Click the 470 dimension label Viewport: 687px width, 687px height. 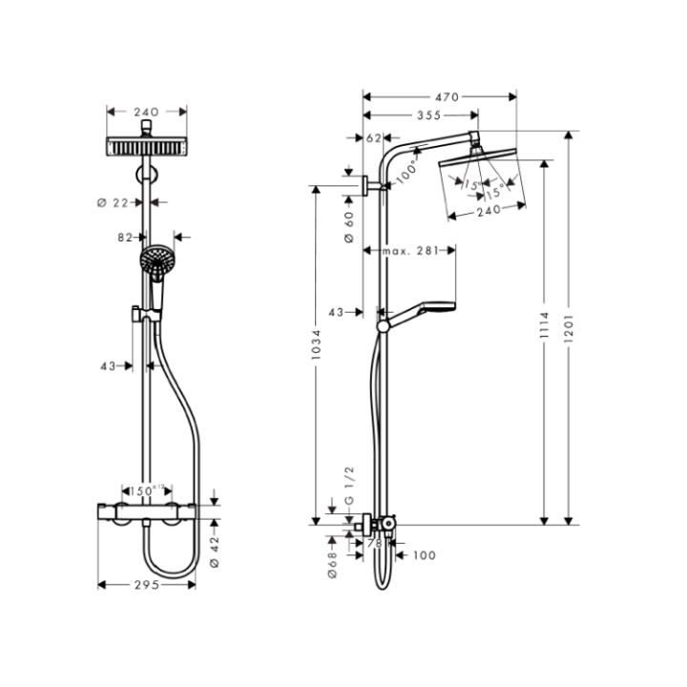(x=448, y=96)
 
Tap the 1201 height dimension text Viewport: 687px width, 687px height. (x=569, y=329)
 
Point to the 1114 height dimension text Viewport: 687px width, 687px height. (x=544, y=329)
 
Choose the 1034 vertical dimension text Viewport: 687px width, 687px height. (x=317, y=350)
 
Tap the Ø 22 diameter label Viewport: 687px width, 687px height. (x=114, y=201)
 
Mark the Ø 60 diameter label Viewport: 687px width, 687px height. (x=349, y=226)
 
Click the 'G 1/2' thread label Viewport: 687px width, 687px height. (x=349, y=486)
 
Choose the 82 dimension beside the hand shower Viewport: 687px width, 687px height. (x=125, y=238)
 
